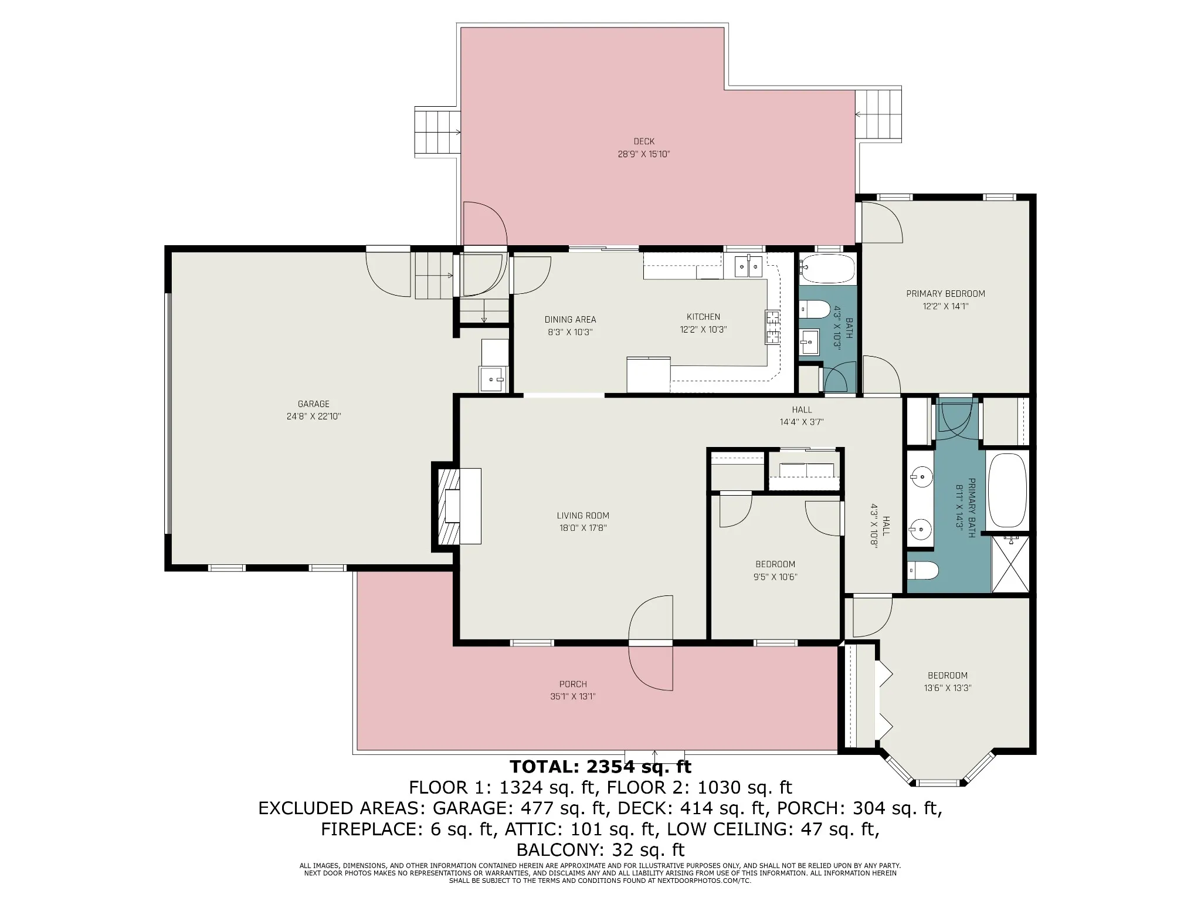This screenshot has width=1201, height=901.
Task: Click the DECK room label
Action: pyautogui.click(x=644, y=141)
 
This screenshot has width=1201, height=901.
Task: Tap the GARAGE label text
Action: pyautogui.click(x=314, y=404)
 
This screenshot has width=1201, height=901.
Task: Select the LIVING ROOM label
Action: pyautogui.click(x=583, y=516)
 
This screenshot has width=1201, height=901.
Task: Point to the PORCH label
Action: pyautogui.click(x=573, y=684)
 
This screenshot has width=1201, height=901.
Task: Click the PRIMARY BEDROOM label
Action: pyautogui.click(x=945, y=294)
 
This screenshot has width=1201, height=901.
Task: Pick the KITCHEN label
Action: pyautogui.click(x=704, y=317)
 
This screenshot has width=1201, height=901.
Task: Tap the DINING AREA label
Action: pyautogui.click(x=570, y=320)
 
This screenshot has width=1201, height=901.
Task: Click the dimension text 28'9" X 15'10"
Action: pyautogui.click(x=644, y=154)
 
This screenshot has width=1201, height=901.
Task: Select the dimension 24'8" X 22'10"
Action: pyautogui.click(x=314, y=416)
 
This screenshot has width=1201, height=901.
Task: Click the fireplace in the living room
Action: pyautogui.click(x=457, y=507)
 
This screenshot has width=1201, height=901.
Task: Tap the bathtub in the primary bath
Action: pyautogui.click(x=1007, y=490)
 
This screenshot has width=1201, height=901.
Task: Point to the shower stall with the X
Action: pyautogui.click(x=1010, y=564)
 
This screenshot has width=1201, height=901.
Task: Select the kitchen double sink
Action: pyautogui.click(x=749, y=267)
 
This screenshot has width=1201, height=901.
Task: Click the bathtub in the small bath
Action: pyautogui.click(x=827, y=269)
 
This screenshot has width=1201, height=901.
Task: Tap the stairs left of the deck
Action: pyautogui.click(x=437, y=131)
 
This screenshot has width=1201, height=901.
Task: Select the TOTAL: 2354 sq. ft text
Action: pyautogui.click(x=600, y=767)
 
